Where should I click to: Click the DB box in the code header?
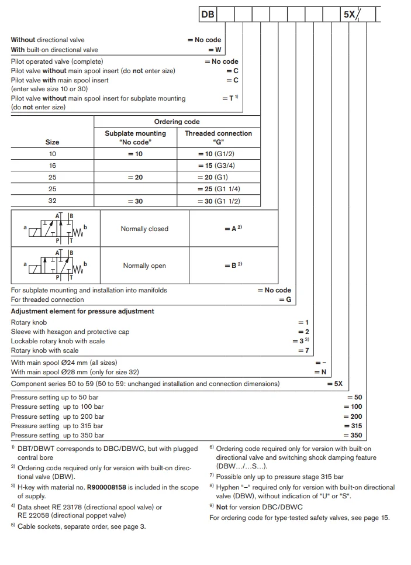[208, 15]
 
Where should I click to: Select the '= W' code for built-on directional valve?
[215, 50]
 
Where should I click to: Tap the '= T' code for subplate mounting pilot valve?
[230, 98]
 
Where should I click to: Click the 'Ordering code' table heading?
[177, 122]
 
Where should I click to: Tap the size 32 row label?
[52, 201]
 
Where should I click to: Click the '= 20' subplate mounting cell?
[135, 177]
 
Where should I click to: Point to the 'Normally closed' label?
[144, 229]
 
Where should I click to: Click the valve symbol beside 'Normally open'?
[56, 265]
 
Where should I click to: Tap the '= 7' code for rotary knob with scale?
[303, 350]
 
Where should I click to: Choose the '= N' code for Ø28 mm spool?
[320, 372]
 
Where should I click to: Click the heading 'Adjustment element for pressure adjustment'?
[82, 311]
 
